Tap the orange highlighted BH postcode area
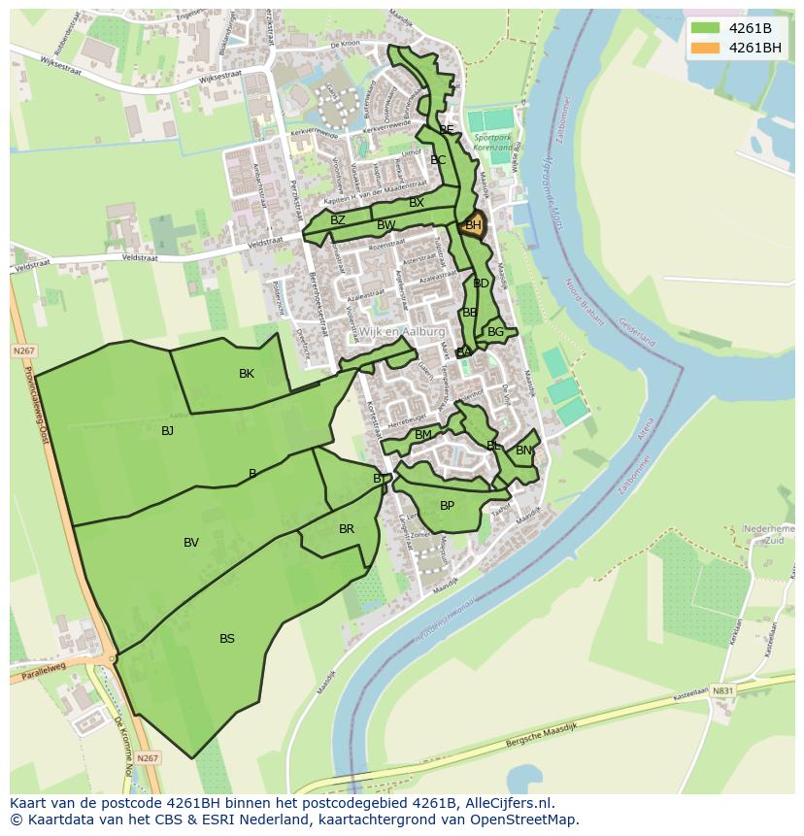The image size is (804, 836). click(473, 225)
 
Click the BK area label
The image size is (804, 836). click(247, 374)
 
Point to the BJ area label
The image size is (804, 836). click(167, 430)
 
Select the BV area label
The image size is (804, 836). click(191, 543)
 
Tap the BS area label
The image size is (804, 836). click(226, 639)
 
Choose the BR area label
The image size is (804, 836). click(347, 529)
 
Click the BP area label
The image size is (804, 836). click(447, 506)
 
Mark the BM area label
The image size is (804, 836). click(423, 435)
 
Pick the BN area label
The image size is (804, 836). click(523, 451)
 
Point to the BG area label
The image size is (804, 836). click(496, 332)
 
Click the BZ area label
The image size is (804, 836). click(338, 220)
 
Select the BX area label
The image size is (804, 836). click(417, 203)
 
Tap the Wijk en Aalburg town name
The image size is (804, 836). click(402, 331)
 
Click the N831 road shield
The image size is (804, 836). click(722, 690)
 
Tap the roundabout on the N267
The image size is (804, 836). click(112, 658)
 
